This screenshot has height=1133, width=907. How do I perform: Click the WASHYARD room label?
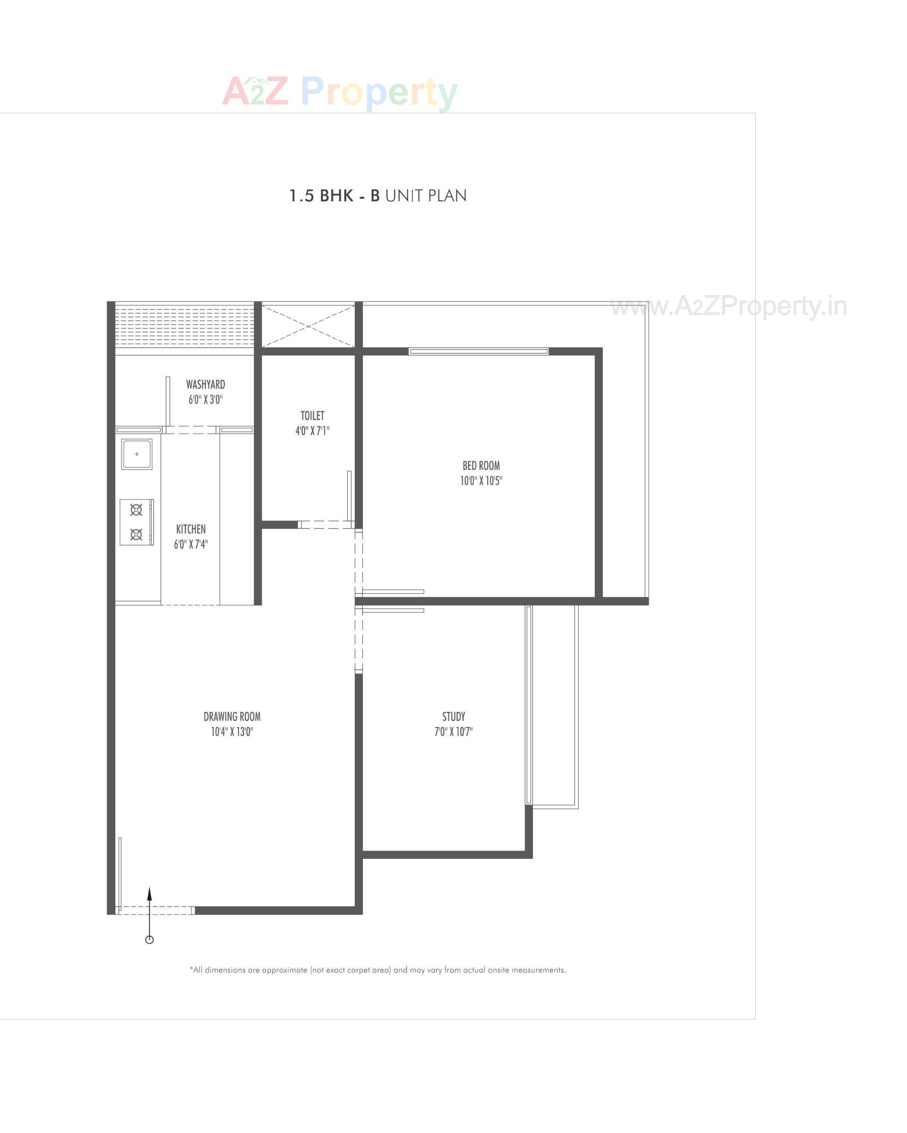pos(205,385)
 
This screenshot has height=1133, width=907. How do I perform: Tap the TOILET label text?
pos(312,416)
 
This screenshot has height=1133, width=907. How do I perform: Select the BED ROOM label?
pos(480,465)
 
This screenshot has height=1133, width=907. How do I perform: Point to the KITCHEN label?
pos(191,529)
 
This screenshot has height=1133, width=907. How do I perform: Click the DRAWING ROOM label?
pos(232,716)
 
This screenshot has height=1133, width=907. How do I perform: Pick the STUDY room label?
pos(453,716)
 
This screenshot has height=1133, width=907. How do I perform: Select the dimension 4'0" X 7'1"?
pos(312,431)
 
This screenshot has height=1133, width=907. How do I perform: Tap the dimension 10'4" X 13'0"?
pos(232,732)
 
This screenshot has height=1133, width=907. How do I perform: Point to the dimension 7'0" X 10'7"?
pos(453,732)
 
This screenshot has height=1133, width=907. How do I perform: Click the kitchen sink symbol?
pos(137,454)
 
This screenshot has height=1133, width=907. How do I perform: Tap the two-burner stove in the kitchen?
pos(136,522)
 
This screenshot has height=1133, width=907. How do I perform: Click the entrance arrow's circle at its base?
pos(149,939)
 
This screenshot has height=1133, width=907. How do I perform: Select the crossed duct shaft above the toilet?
pos(308,326)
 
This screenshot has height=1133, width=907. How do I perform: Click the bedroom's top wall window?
pos(479,352)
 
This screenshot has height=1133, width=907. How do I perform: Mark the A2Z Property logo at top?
pos(340,92)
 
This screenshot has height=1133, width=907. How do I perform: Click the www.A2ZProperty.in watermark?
pos(728,306)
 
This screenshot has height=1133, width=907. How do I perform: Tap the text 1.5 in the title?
pos(301,196)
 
